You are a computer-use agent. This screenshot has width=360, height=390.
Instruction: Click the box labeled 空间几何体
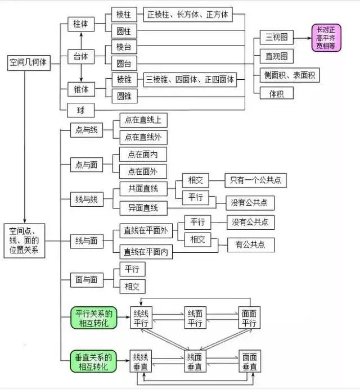point(29,63)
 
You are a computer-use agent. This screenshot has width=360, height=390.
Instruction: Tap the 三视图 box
point(276,38)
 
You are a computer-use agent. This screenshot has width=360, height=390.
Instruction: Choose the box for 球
point(81,110)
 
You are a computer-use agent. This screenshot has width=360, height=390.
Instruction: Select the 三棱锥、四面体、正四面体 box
point(190,79)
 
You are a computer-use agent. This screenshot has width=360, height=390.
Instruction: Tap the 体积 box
point(276,93)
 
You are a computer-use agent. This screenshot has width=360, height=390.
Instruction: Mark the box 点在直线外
point(143,136)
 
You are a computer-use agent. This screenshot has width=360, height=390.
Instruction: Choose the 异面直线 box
point(143,208)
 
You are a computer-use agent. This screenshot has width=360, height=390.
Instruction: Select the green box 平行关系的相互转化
point(93,319)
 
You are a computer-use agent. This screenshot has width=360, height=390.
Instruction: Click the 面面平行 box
point(249,319)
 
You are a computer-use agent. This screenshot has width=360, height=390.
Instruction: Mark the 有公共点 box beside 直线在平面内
point(250,244)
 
